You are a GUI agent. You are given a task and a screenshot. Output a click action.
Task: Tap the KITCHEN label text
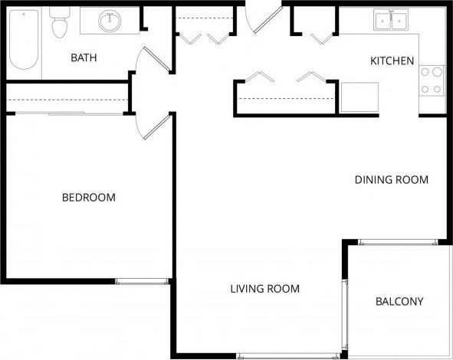coord(392,61)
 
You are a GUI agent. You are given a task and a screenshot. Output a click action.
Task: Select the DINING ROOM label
coord(391,180)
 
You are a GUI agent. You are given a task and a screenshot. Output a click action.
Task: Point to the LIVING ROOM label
coord(264,289)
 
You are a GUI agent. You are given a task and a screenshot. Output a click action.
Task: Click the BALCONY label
coord(399,302)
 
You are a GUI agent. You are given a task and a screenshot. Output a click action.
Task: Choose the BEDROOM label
coord(88,198)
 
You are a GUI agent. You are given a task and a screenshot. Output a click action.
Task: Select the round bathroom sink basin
coord(109,21)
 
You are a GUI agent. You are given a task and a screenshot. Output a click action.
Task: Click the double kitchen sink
coord(391,21)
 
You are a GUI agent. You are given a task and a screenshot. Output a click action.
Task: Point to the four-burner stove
coord(432,80)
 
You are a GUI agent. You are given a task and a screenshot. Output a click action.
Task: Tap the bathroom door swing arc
coord(144,60)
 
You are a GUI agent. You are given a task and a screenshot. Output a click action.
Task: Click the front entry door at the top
coord(264,21)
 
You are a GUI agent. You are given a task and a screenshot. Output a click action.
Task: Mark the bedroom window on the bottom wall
coord(142,281)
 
